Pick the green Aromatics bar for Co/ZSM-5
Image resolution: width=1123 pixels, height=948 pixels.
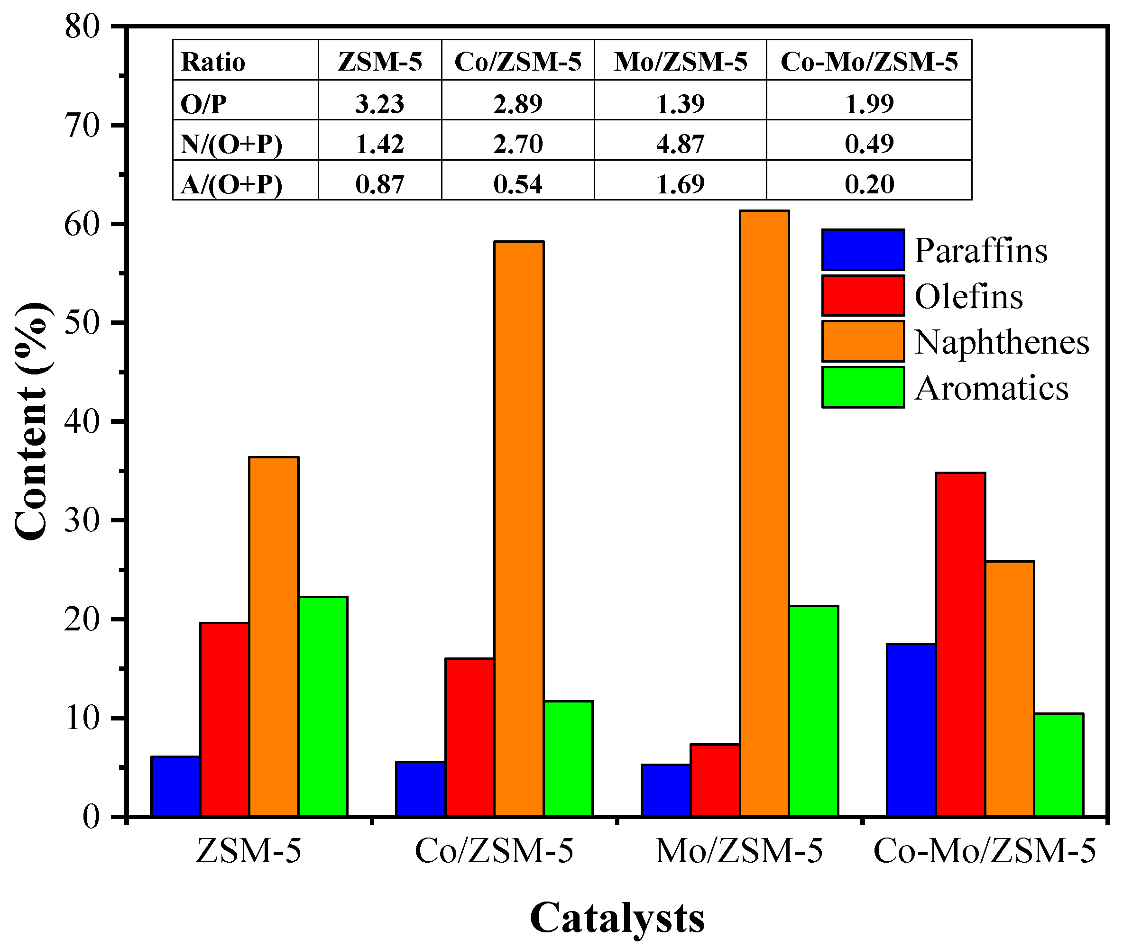(568, 758)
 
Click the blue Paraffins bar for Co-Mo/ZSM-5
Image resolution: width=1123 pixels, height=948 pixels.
(911, 730)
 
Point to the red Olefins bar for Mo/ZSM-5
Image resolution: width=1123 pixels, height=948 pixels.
(715, 780)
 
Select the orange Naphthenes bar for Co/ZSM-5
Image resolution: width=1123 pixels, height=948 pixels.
(519, 529)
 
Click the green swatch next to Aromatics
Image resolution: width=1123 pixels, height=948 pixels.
(862, 387)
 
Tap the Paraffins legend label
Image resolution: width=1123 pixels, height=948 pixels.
(981, 250)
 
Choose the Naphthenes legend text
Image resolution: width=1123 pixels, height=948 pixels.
(1002, 342)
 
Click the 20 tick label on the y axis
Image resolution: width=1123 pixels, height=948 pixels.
(82, 620)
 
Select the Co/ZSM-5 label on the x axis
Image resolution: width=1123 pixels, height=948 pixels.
(494, 851)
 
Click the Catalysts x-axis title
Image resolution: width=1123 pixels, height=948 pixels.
(617, 919)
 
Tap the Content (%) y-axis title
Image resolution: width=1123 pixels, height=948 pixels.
(32, 421)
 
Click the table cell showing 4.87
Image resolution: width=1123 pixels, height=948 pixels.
(680, 144)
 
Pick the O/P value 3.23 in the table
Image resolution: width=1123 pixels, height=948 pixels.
(379, 104)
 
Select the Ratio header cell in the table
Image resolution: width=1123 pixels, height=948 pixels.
(213, 62)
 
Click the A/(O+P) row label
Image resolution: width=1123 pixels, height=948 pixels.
(231, 184)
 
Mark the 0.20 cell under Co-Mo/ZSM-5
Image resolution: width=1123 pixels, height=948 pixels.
(869, 184)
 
